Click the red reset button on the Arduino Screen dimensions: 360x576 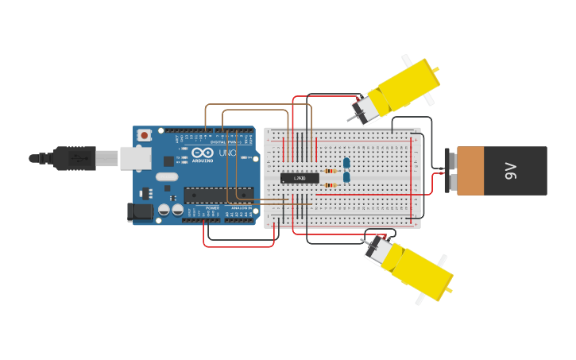(x=145, y=136)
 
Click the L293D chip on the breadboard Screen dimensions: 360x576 (x=299, y=177)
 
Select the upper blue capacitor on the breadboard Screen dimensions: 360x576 (x=346, y=163)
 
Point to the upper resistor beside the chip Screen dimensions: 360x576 (x=331, y=169)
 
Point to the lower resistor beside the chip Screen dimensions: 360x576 (x=331, y=185)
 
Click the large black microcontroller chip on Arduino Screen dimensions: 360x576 (x=218, y=194)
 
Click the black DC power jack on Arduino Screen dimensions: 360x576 (x=140, y=211)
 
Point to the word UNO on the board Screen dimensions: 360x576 (x=228, y=153)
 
